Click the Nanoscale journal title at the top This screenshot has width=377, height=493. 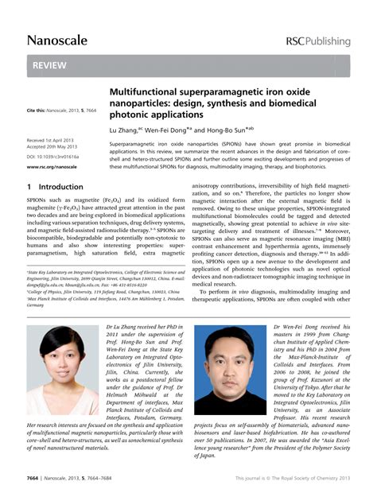(56, 40)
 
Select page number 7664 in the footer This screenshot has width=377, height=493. (37, 478)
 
